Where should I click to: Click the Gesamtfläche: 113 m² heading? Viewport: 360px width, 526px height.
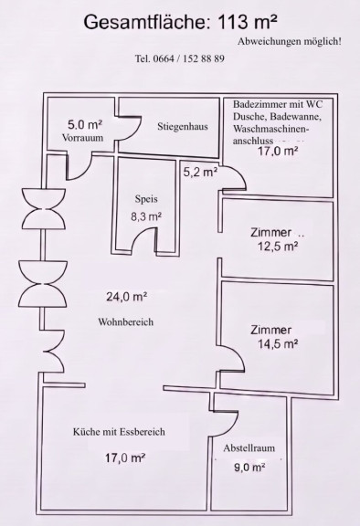pyautogui.click(x=181, y=23)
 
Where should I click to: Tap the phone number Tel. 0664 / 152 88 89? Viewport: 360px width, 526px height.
pyautogui.click(x=179, y=58)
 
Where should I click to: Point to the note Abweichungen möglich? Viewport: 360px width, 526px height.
pyautogui.click(x=290, y=42)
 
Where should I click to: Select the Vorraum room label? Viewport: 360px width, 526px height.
pyautogui.click(x=82, y=138)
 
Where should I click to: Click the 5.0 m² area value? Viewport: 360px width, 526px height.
pyautogui.click(x=85, y=125)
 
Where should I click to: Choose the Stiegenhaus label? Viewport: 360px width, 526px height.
pyautogui.click(x=183, y=127)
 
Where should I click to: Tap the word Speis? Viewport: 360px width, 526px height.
pyautogui.click(x=146, y=199)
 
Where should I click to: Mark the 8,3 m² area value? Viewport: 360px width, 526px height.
pyautogui.click(x=146, y=216)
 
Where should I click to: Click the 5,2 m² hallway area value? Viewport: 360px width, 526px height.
pyautogui.click(x=200, y=173)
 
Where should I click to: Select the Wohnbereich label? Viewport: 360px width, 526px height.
pyautogui.click(x=126, y=322)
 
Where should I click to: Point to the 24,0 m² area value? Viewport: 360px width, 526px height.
pyautogui.click(x=127, y=297)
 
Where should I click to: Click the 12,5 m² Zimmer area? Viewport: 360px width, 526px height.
pyautogui.click(x=278, y=247)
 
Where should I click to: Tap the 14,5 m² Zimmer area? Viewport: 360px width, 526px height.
pyautogui.click(x=278, y=344)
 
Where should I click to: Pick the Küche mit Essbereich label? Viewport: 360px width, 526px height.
pyautogui.click(x=119, y=432)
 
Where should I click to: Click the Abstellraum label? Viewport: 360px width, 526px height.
pyautogui.click(x=249, y=448)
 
